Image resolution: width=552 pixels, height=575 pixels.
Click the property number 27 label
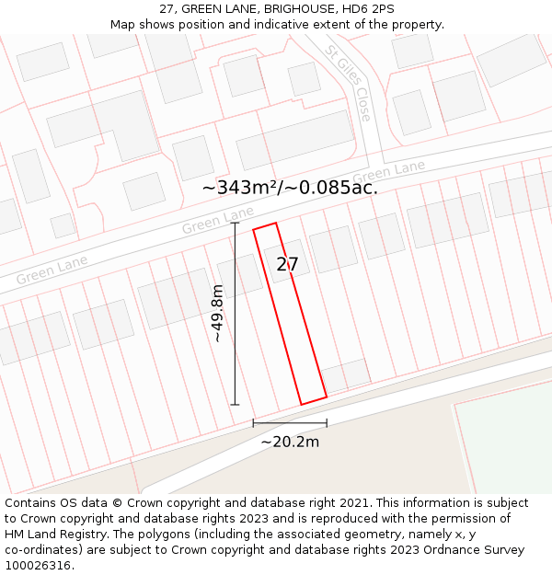click(x=287, y=265)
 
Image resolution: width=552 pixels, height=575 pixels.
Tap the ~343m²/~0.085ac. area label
click(x=290, y=188)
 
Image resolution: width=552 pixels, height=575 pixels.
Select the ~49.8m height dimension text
click(x=218, y=314)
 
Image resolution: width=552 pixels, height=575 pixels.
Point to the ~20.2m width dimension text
click(x=290, y=443)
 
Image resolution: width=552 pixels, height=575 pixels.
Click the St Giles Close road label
click(x=350, y=84)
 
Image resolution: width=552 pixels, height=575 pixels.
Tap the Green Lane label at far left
click(x=52, y=269)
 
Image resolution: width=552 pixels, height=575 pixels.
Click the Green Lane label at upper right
click(x=389, y=171)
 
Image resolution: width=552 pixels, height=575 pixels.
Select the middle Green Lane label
click(x=217, y=221)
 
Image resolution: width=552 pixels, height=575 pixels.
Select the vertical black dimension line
click(x=235, y=313)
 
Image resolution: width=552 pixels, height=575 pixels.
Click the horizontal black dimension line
click(x=290, y=423)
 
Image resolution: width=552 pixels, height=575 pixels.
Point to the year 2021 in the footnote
click(x=353, y=503)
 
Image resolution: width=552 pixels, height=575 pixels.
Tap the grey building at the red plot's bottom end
click(x=346, y=374)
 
